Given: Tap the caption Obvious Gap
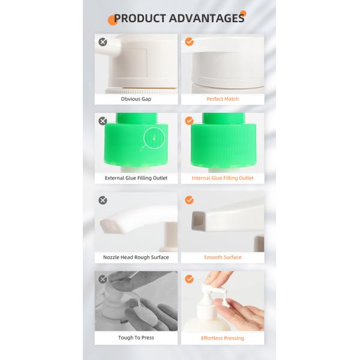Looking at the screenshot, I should (136, 99).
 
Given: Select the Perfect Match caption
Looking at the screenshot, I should (223, 99).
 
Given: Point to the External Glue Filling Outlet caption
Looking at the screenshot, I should (136, 178).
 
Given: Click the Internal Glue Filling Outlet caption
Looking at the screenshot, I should (223, 178).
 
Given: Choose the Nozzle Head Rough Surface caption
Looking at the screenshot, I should (136, 257).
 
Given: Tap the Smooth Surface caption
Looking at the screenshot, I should (223, 257).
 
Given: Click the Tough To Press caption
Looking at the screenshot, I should (136, 338).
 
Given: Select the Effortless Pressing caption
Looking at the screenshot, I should (223, 338).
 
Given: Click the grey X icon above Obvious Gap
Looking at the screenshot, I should (103, 42).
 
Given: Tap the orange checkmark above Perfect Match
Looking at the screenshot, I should (189, 42).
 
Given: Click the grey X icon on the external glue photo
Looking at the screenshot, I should (103, 121).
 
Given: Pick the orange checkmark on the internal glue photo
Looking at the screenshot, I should (189, 121).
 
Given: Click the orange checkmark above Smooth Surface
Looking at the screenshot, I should (189, 200).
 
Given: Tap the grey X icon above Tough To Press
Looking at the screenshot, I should (103, 279).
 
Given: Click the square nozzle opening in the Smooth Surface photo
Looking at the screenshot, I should (197, 223).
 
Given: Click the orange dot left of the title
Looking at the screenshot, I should (112, 20).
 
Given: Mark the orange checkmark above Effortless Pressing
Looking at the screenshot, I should (189, 279).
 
